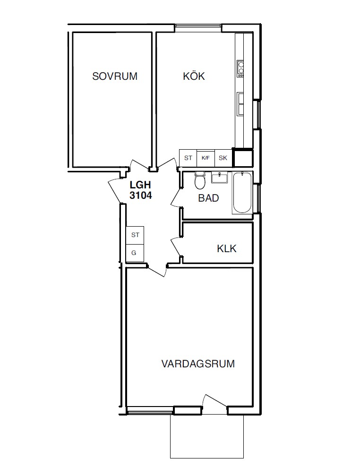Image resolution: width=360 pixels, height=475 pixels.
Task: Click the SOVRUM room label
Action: click(115, 76)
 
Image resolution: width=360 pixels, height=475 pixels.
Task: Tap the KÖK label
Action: click(194, 76)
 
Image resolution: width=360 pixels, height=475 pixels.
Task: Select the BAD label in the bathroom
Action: click(208, 198)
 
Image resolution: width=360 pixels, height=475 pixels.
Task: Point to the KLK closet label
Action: click(226, 249)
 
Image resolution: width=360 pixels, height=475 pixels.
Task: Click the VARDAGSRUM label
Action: click(198, 364)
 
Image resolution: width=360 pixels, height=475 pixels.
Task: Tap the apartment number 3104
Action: click(141, 195)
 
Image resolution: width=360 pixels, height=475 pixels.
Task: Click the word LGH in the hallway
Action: click(140, 185)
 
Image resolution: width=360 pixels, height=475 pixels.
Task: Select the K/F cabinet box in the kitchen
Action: click(206, 158)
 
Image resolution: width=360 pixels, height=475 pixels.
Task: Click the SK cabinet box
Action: click(223, 158)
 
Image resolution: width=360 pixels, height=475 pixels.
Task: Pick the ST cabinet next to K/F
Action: click(188, 158)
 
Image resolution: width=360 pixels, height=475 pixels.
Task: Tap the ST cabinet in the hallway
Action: click(135, 235)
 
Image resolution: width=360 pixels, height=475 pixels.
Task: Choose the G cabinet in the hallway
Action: click(135, 253)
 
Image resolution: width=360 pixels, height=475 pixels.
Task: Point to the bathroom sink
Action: click(220, 178)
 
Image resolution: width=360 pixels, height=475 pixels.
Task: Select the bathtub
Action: click(242, 193)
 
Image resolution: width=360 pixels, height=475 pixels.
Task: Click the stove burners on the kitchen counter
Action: click(241, 68)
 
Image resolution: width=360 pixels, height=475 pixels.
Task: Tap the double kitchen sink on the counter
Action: click(240, 104)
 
